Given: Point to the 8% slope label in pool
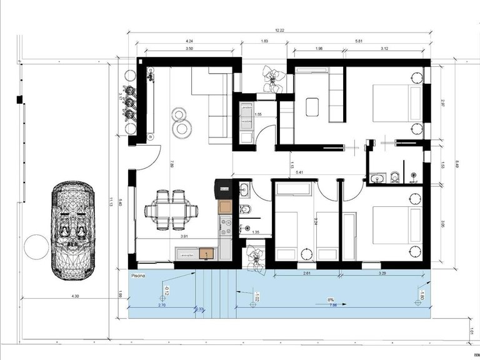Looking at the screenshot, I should click(x=329, y=299).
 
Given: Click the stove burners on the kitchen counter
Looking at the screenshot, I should click(x=224, y=221).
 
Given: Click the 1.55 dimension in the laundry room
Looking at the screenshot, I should click(x=257, y=114).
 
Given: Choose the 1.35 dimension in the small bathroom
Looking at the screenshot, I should click(x=256, y=232).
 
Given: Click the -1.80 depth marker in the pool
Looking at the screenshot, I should click(x=421, y=296).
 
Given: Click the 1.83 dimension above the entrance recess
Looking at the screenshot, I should click(x=264, y=41).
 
